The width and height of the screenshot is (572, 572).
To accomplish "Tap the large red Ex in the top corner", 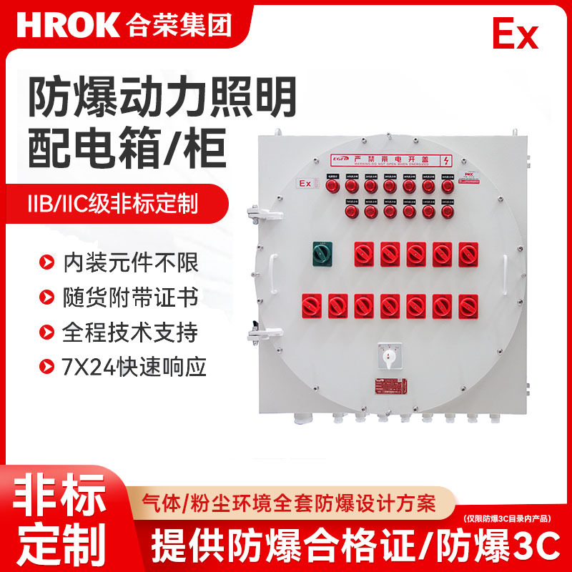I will click(515, 34).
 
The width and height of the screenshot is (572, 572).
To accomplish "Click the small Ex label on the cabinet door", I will click(306, 184).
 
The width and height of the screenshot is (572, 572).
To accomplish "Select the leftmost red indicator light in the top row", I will click(332, 186).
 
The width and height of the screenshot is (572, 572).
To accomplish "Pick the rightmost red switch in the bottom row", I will click(467, 305).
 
